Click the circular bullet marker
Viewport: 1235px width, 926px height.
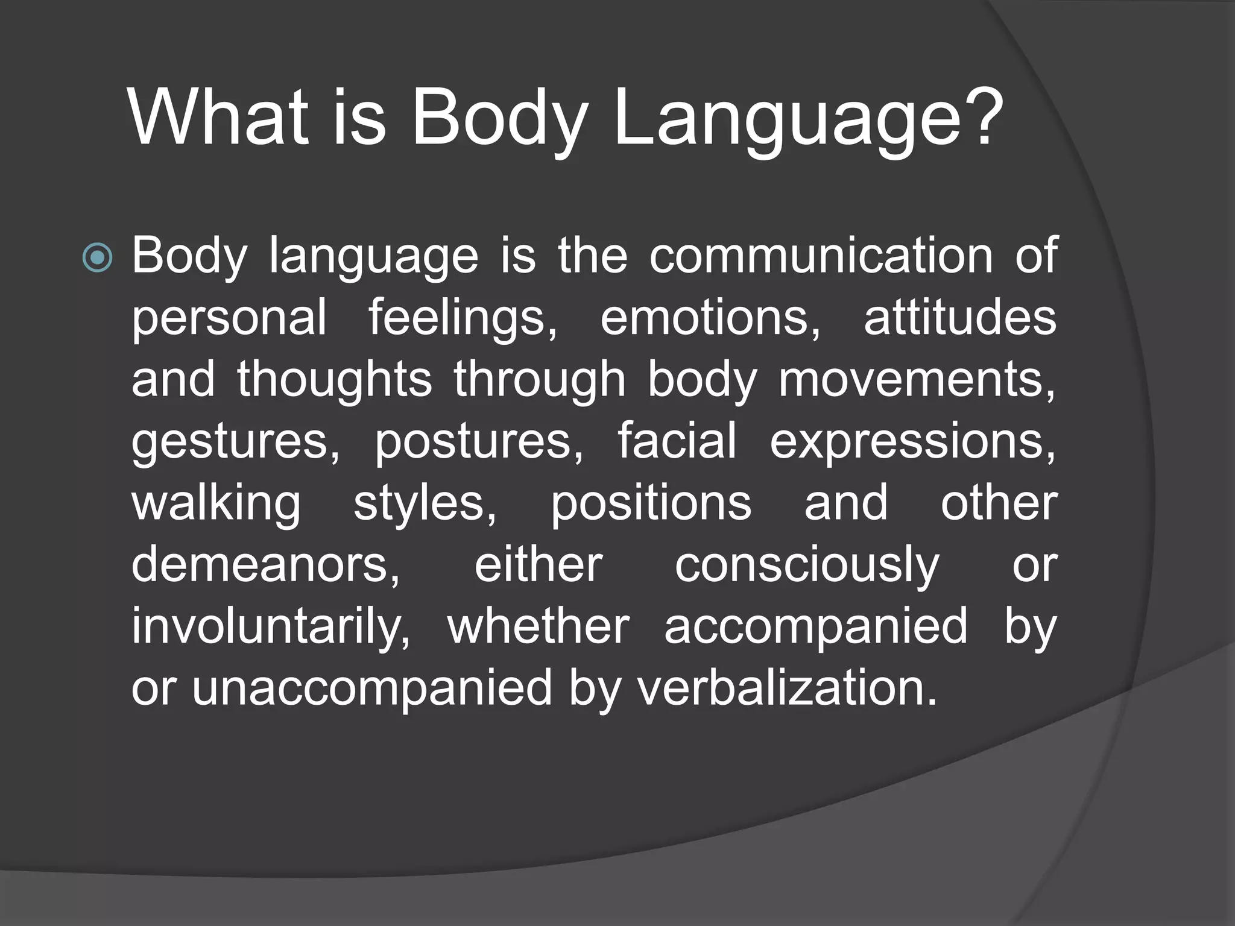[97, 257]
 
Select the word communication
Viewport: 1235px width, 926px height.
[821, 256]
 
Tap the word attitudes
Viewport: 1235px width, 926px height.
[960, 318]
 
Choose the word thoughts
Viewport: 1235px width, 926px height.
[334, 379]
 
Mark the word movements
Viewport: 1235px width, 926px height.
[917, 380]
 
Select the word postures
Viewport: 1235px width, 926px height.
[479, 442]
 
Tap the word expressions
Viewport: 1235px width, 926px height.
[912, 442]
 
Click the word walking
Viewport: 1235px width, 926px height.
[216, 504]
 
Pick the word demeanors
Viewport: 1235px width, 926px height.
[265, 565]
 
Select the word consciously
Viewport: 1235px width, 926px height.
[807, 566]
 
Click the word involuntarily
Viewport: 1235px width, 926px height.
[271, 628]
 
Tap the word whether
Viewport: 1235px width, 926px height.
[539, 626]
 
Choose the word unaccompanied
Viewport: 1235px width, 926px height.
[372, 689]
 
